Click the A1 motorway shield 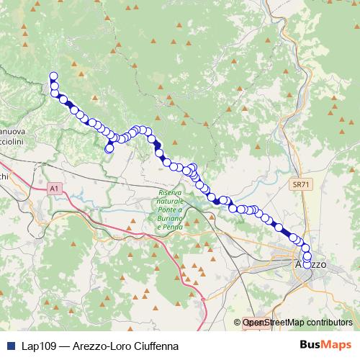pyautogui.click(x=54, y=189)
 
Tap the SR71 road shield pyautogui.click(x=301, y=185)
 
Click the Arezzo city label pyautogui.click(x=310, y=265)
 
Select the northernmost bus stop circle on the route pyautogui.click(x=53, y=76)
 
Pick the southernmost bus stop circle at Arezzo pyautogui.click(x=307, y=264)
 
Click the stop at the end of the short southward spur pyautogui.click(x=109, y=148)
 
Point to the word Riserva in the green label pyautogui.click(x=171, y=192)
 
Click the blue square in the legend pyautogui.click(x=11, y=346)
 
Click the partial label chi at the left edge pyautogui.click(x=4, y=176)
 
